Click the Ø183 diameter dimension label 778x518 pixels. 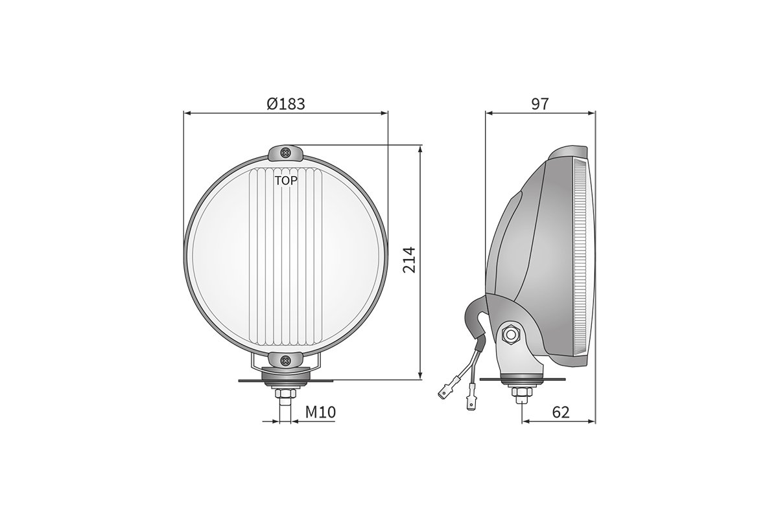(286, 103)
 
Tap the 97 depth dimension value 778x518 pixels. (540, 103)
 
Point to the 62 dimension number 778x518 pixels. (561, 412)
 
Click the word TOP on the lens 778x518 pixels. (286, 181)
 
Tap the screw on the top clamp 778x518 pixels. (286, 153)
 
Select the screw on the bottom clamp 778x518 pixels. (286, 360)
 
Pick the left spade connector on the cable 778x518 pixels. (446, 390)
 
